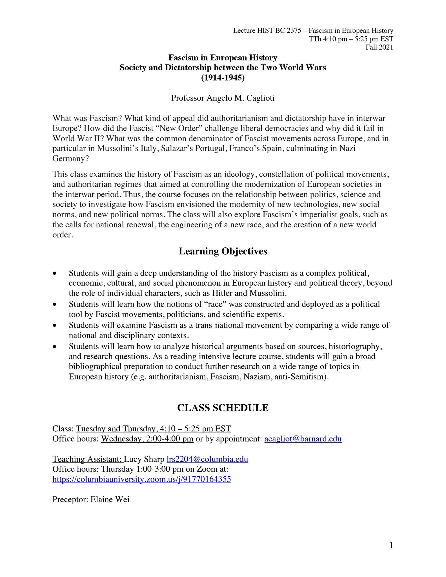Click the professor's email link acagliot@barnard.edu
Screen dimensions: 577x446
tap(303, 439)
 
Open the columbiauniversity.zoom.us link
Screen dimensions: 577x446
tap(142, 479)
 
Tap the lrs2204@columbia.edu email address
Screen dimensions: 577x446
tap(207, 459)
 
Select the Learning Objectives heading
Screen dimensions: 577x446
tap(223, 251)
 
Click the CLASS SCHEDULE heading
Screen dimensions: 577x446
tap(223, 408)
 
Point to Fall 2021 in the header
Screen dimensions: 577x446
tap(379, 47)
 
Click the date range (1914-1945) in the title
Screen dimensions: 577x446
tap(223, 77)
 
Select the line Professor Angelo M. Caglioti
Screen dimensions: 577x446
tap(223, 98)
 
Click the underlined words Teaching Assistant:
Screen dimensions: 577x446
tap(88, 459)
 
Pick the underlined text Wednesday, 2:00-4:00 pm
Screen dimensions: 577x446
tap(147, 439)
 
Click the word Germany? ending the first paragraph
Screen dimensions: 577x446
tap(70, 159)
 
